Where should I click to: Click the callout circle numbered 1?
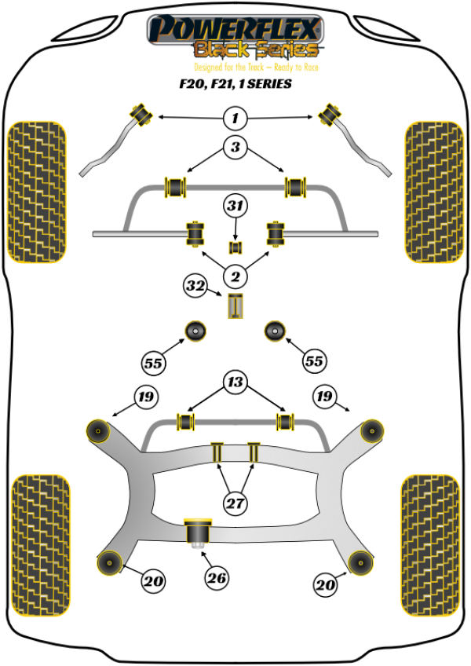234,119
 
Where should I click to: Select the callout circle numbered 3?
235,147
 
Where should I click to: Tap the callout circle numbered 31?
235,207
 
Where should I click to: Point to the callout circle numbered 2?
234,276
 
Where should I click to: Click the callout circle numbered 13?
235,384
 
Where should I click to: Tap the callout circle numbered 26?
217,579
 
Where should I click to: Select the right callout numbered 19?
324,397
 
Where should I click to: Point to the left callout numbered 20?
153,582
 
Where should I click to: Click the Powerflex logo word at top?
235,30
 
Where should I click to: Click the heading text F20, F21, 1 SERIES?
235,85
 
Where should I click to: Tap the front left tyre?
36,191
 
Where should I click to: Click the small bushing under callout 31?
235,248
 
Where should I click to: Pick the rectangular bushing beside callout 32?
235,306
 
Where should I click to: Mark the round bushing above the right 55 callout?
275,331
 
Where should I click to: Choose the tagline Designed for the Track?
235,68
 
